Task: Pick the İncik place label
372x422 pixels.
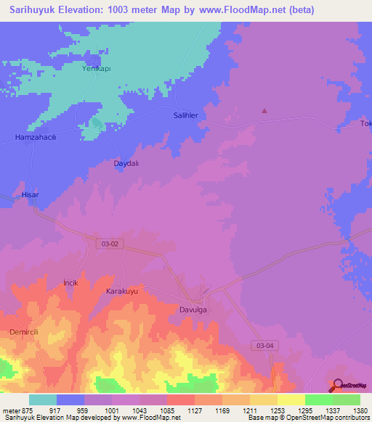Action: [x=70, y=281]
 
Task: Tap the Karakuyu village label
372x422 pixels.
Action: [x=122, y=291]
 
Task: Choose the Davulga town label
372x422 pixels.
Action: [x=194, y=310]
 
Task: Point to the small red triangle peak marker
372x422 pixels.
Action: [x=264, y=112]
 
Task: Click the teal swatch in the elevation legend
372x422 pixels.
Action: [x=43, y=400]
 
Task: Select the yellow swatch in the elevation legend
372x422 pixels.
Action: [x=291, y=400]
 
